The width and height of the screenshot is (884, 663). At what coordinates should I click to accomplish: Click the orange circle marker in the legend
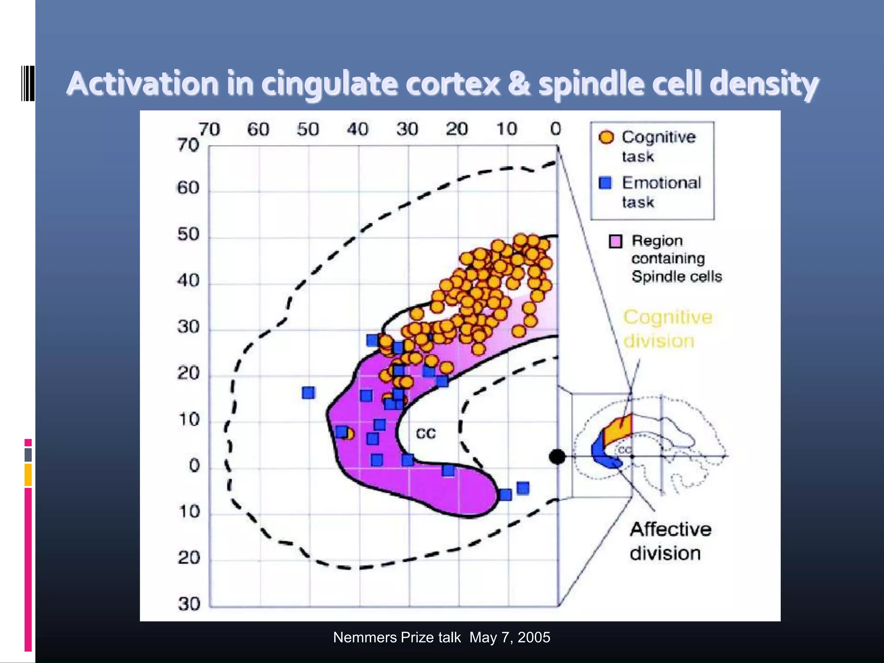click(x=606, y=137)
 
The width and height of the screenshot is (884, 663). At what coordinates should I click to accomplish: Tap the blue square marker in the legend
click(x=606, y=183)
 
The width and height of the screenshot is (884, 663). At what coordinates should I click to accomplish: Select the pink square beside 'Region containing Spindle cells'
click(x=616, y=241)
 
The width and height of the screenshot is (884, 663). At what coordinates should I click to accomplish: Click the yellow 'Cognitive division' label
click(x=667, y=329)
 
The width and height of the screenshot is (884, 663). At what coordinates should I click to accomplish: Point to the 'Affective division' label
click(x=670, y=541)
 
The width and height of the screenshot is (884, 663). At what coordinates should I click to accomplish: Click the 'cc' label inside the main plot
click(x=426, y=433)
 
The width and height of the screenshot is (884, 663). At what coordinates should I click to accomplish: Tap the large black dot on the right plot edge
click(x=557, y=456)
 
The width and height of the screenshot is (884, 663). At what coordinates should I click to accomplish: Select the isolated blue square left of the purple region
click(x=309, y=393)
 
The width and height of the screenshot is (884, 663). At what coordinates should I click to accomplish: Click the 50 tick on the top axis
click(x=308, y=129)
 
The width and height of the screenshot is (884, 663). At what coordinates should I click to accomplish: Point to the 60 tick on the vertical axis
click(x=188, y=188)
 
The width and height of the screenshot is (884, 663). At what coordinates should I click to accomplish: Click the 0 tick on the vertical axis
click(x=194, y=466)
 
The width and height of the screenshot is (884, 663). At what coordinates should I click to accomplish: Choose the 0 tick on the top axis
click(x=556, y=129)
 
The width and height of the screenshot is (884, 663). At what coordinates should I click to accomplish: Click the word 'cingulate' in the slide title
click(x=329, y=84)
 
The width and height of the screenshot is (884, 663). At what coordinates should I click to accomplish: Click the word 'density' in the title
click(x=764, y=84)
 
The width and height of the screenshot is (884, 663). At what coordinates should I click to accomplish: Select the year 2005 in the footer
click(x=534, y=638)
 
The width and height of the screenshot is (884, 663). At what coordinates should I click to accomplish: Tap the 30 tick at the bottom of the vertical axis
click(x=189, y=604)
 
